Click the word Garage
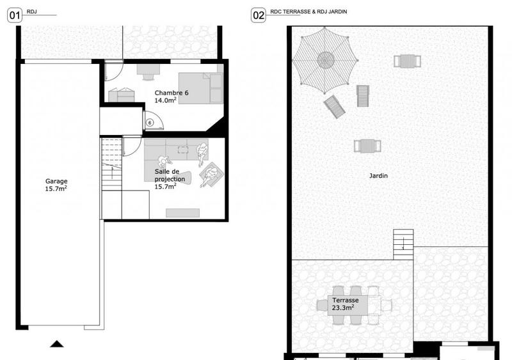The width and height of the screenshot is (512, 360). click(x=56, y=181)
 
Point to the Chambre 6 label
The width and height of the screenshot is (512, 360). click(x=172, y=93)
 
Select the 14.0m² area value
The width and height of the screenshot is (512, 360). click(x=165, y=100)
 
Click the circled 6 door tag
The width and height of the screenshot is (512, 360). click(x=150, y=122)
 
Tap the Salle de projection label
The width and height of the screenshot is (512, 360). click(x=170, y=176)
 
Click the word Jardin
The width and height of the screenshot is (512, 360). click(x=378, y=175)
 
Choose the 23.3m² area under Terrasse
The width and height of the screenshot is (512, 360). click(x=344, y=308)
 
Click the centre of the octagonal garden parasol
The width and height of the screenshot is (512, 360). click(x=326, y=59)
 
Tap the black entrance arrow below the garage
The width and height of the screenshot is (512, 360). click(x=57, y=344)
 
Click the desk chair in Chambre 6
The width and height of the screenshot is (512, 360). click(x=148, y=75)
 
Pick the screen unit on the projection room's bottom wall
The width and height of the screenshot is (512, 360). click(x=182, y=212)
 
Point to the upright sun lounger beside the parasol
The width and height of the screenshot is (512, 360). click(x=362, y=96)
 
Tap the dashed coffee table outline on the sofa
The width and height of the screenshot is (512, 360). click(x=181, y=152)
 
